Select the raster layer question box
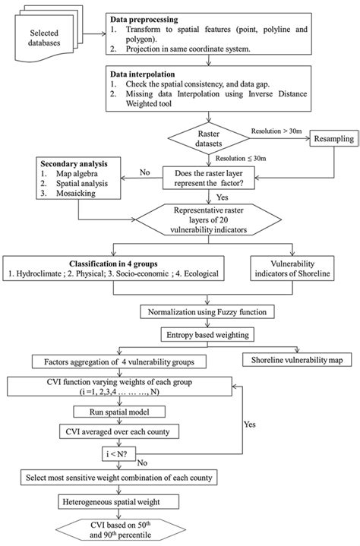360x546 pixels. (213, 178)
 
